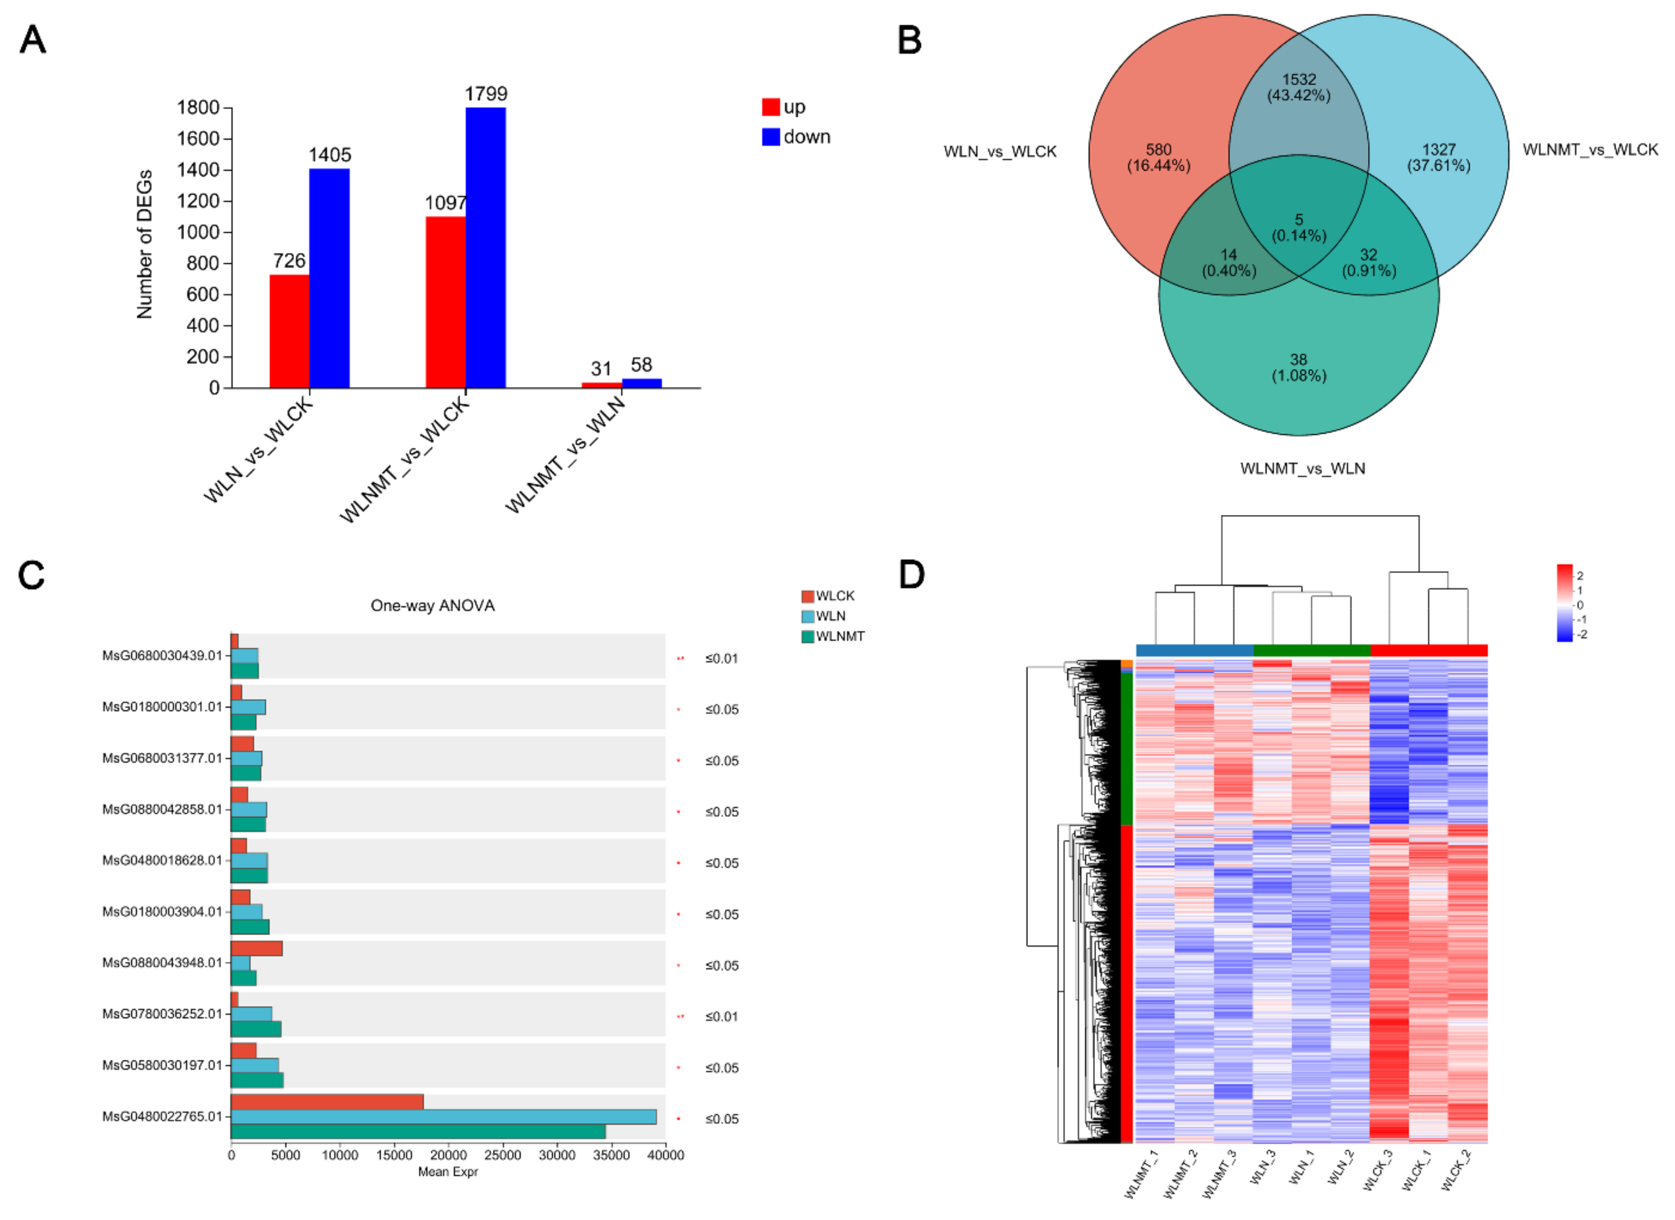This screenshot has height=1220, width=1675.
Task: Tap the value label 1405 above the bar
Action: [x=329, y=155]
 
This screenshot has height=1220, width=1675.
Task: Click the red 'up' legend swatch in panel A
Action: [x=770, y=107]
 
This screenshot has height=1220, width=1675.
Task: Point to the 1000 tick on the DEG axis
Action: [x=199, y=232]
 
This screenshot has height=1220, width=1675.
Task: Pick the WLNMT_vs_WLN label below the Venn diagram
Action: [x=1302, y=468]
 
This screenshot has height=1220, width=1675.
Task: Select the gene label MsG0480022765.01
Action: [x=162, y=1117]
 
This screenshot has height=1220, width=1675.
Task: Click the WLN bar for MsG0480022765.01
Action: [x=443, y=1117]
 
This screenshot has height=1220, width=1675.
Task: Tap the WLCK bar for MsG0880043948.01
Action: [x=256, y=949]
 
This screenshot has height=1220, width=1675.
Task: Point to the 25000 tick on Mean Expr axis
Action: [x=502, y=1156]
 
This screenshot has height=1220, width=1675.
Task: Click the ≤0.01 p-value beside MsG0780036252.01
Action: [x=721, y=1017]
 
